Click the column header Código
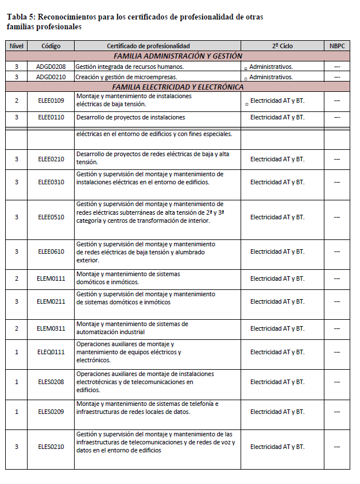(51, 46)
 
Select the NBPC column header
(337, 46)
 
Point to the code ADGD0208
(51, 67)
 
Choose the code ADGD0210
(51, 77)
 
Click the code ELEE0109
(51, 101)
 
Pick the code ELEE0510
(51, 217)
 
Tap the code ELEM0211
(51, 301)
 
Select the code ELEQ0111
(51, 352)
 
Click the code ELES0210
(51, 447)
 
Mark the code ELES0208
(51, 382)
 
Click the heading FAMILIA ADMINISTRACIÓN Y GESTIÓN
(178, 56)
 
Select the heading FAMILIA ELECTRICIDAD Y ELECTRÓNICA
(178, 87)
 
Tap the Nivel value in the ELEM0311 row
(17, 328)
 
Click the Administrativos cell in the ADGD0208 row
(271, 67)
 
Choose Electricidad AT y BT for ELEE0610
(277, 251)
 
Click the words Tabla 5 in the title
(20, 17)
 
